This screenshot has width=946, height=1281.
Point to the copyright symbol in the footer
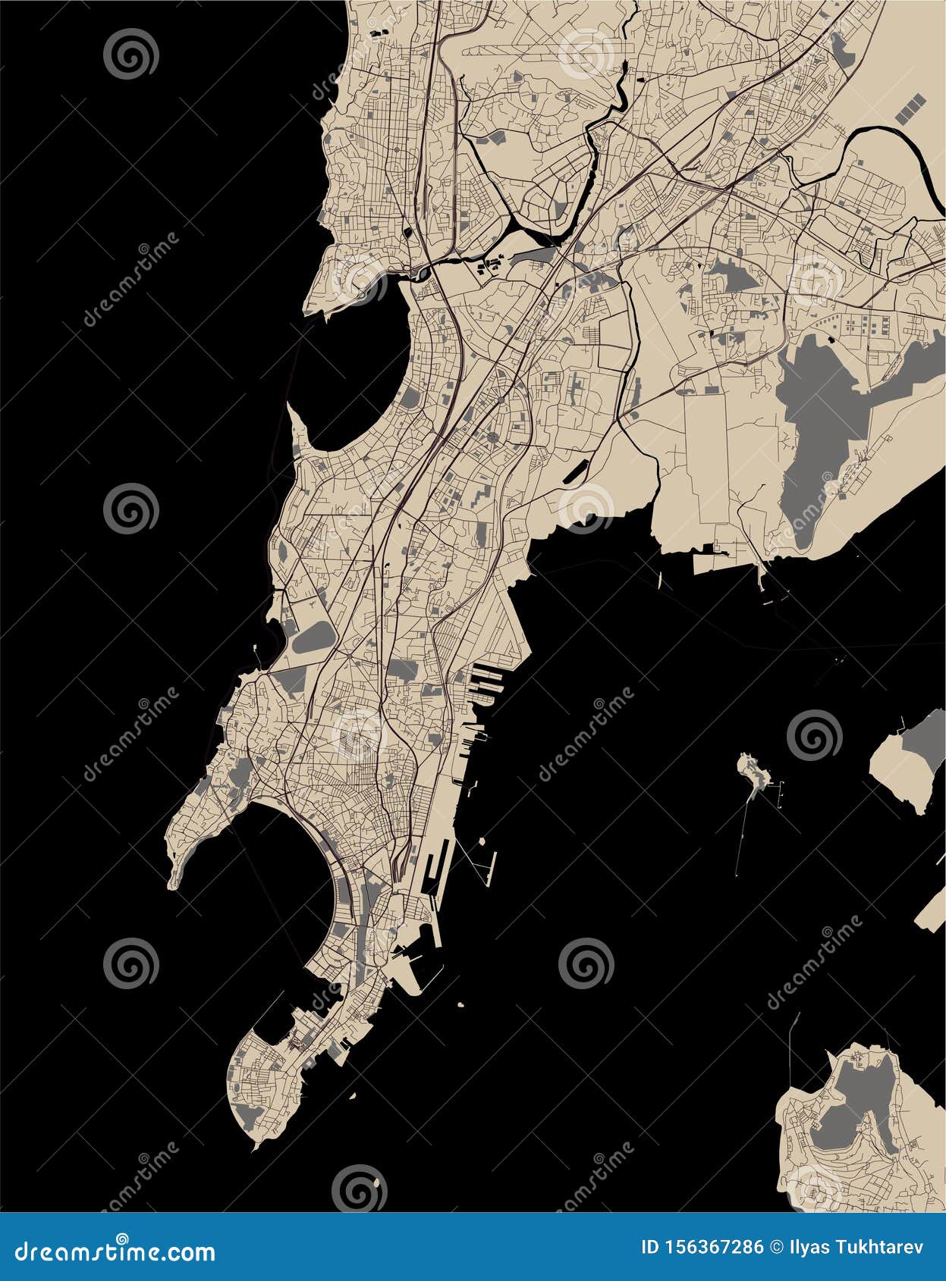(776, 1248)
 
